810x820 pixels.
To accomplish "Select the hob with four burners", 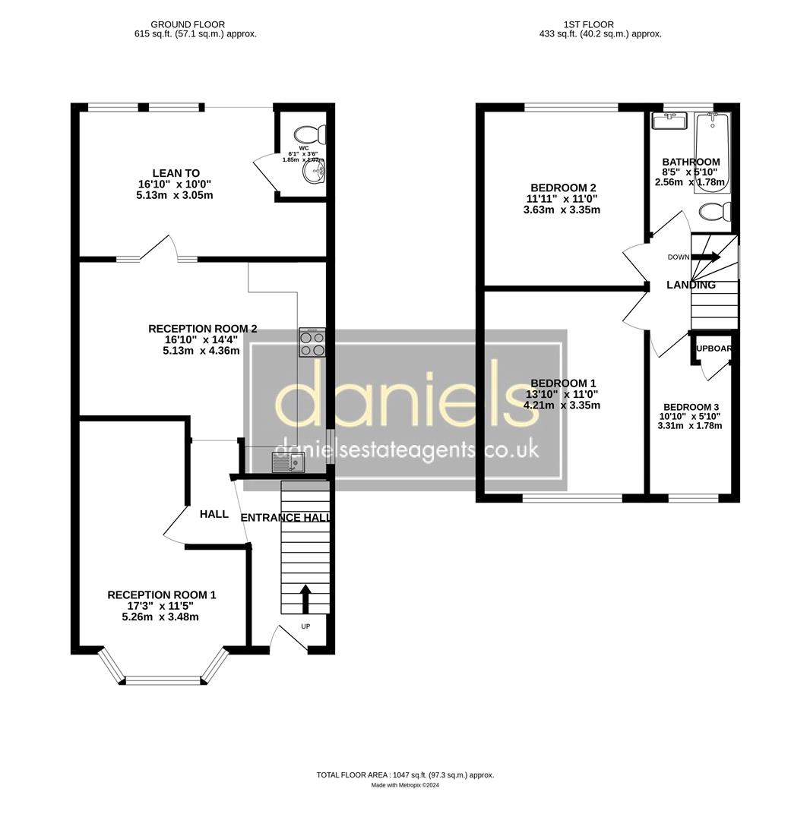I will [x=312, y=342].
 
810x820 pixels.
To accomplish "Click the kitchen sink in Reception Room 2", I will [x=288, y=462].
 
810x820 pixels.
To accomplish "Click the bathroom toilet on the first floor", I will [x=713, y=210].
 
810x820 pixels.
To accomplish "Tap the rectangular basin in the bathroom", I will [x=669, y=121].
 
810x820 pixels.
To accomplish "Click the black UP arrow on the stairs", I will [x=305, y=598].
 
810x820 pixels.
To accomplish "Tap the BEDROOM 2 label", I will [x=562, y=188].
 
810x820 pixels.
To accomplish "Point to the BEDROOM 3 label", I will [x=690, y=407].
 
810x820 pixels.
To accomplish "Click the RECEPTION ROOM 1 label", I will [x=161, y=594].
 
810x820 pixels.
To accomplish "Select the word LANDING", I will [x=691, y=285].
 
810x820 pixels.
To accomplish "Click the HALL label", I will [x=214, y=514].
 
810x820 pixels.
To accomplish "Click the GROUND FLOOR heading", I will [x=187, y=24].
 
